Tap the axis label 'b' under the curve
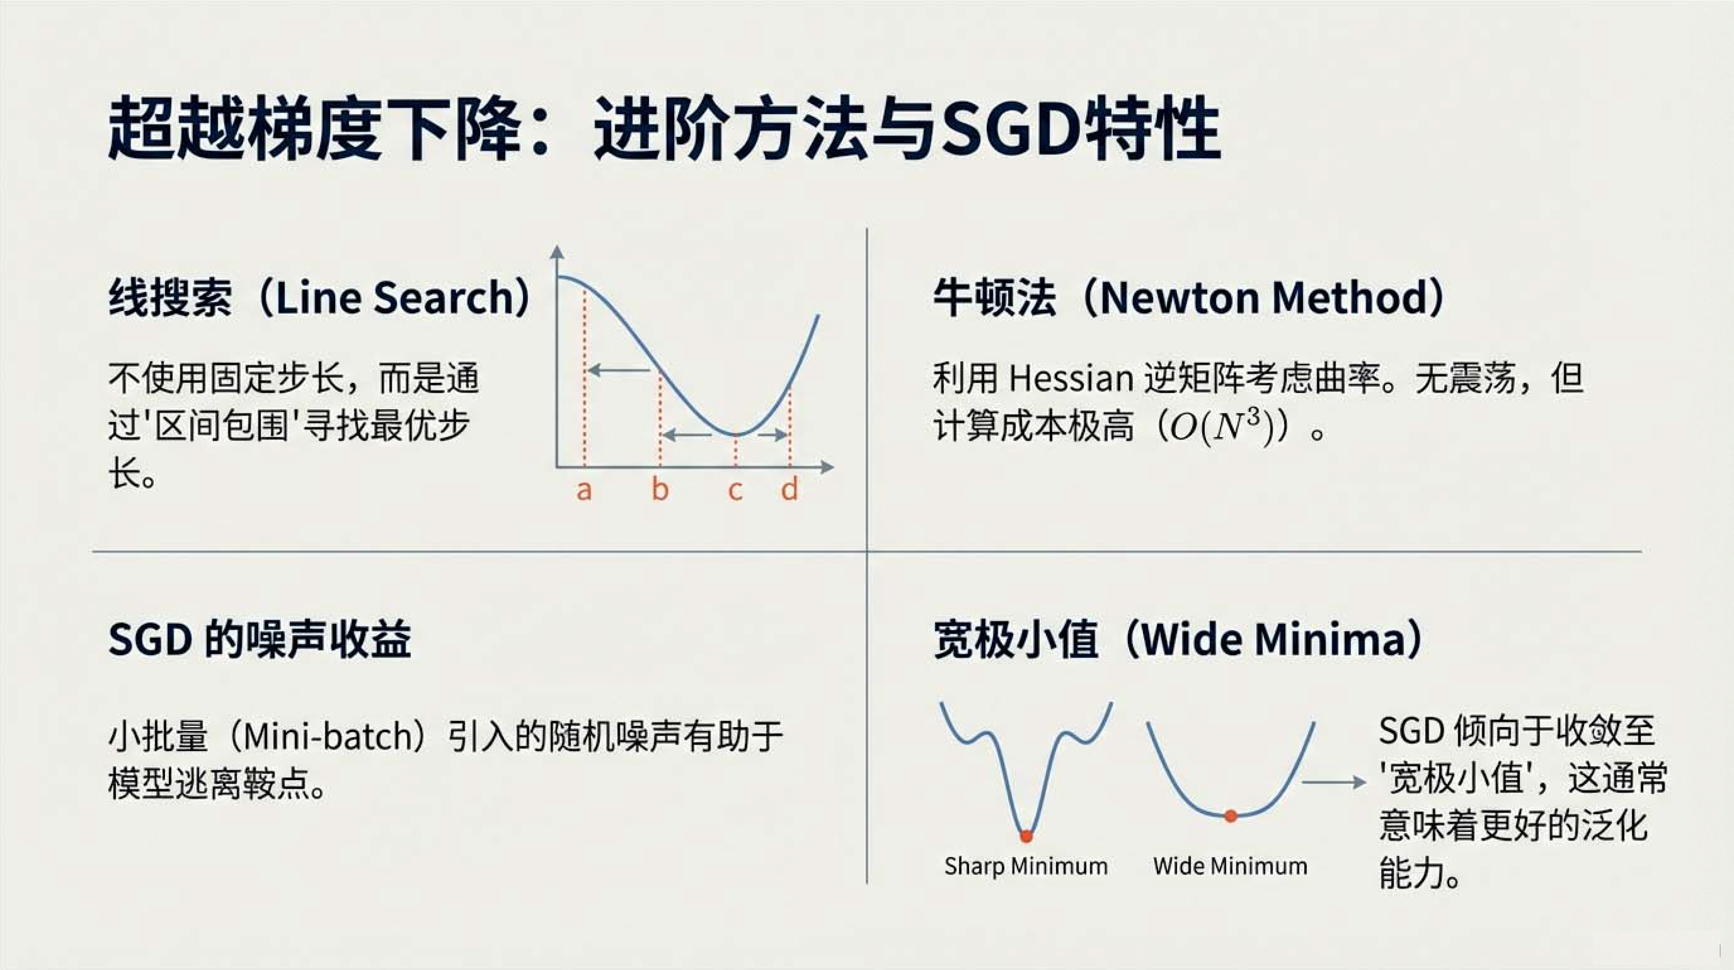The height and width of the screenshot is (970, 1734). pyautogui.click(x=660, y=488)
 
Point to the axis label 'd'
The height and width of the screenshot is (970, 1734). pyautogui.click(x=790, y=488)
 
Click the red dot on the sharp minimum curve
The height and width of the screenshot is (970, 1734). pyautogui.click(x=1026, y=836)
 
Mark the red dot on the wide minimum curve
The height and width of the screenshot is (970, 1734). pyautogui.click(x=1230, y=816)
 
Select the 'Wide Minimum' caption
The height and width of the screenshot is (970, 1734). pyautogui.click(x=1230, y=866)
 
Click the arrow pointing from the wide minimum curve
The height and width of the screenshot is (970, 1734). pyautogui.click(x=1333, y=782)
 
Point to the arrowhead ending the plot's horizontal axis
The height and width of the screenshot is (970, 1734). pyautogui.click(x=827, y=467)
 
